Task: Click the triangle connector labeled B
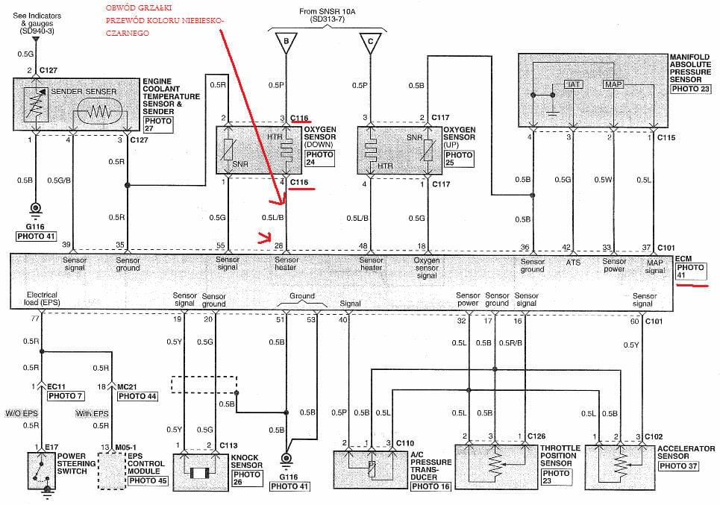pos(286,42)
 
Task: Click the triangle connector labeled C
pos(370,42)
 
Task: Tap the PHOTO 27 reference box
pos(158,125)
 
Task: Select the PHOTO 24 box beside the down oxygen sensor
pos(319,158)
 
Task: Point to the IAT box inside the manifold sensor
pos(574,84)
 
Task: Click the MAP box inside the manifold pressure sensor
pos(613,84)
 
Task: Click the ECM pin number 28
pos(278,246)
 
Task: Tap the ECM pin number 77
pos(35,319)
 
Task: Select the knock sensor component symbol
pos(201,472)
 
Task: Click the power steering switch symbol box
pos(41,471)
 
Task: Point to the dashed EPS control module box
pos(112,471)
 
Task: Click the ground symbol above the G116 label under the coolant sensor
pos(35,209)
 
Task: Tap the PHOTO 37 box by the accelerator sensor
pos(678,466)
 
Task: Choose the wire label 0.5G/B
pos(59,181)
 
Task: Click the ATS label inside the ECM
pos(572,263)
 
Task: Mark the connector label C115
pos(666,138)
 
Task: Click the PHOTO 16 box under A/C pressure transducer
pos(431,486)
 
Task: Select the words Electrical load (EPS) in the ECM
pos(42,298)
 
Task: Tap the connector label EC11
pos(57,386)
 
